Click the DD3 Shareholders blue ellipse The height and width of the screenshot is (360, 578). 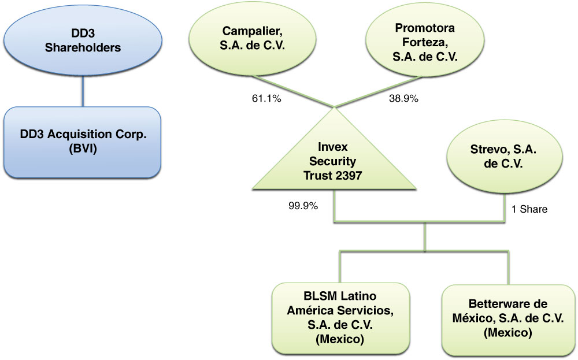coord(83,40)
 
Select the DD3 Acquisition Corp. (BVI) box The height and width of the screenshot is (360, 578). coord(83,142)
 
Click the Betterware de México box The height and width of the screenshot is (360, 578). coord(508,317)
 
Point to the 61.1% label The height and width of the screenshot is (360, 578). coord(266,99)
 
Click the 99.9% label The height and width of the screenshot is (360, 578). coord(303,206)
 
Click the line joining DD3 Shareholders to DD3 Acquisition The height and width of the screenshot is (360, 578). coord(83,92)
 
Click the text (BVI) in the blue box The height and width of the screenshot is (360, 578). coord(83,149)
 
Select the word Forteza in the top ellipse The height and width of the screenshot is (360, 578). coord(425,42)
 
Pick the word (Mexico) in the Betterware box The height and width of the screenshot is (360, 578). coord(508,333)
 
